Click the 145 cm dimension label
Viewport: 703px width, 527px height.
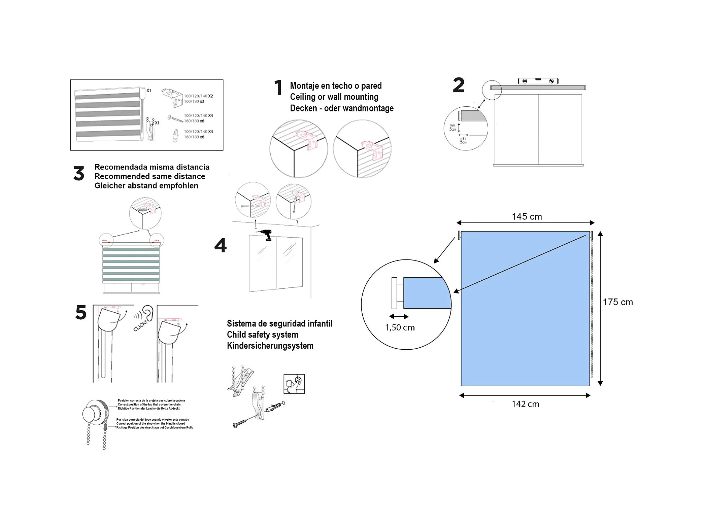click(527, 217)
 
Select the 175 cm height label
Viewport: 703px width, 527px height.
click(617, 302)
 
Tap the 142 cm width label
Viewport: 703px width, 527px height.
click(525, 404)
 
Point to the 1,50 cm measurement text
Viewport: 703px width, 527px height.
click(400, 328)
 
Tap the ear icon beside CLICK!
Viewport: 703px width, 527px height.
click(147, 313)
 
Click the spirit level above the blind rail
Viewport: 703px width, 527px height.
click(538, 81)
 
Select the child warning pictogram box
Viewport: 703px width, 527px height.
click(294, 384)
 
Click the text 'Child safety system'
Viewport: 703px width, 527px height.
click(262, 335)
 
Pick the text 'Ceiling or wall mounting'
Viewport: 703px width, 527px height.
click(334, 97)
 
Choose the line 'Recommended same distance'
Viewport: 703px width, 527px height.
click(149, 176)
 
